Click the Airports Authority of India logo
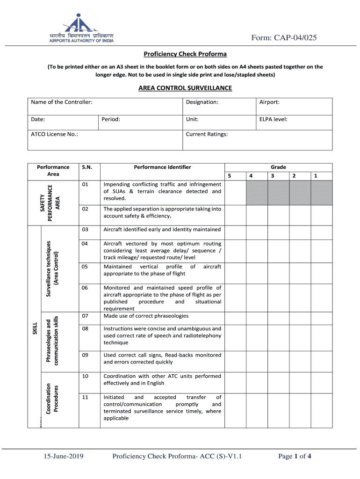(x=82, y=29)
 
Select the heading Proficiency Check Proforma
(x=185, y=54)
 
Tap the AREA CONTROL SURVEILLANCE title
(x=185, y=88)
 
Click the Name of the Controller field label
(x=61, y=102)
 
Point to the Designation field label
(x=202, y=102)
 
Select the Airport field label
(x=269, y=102)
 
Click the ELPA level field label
(x=273, y=119)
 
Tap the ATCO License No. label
(x=54, y=134)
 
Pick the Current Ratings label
(x=207, y=134)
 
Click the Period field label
(x=111, y=119)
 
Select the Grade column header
(x=278, y=167)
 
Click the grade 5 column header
(x=229, y=176)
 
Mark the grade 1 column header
(x=316, y=176)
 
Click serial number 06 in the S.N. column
(x=85, y=288)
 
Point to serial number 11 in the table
(x=85, y=397)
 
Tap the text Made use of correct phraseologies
(x=146, y=316)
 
